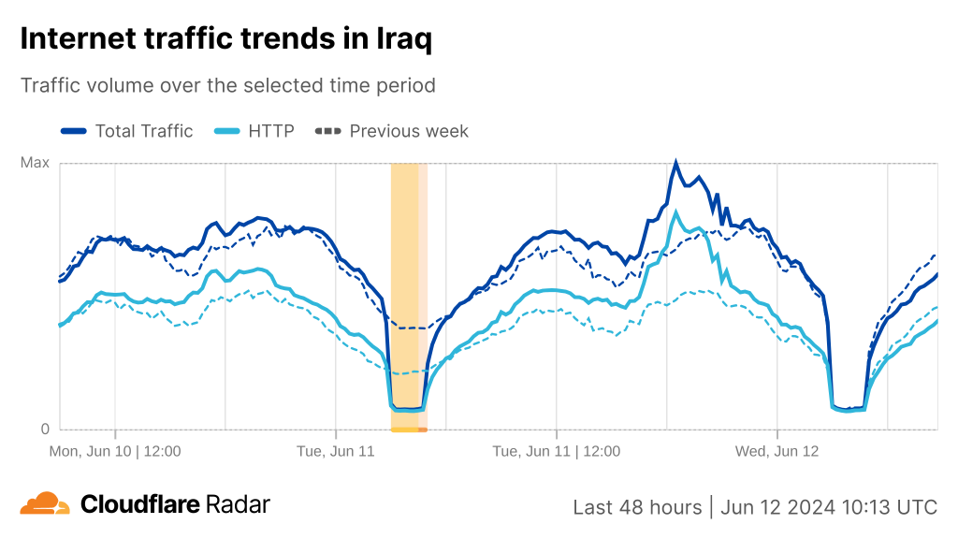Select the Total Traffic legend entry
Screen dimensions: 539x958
tap(143, 131)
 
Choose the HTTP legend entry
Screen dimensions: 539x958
tap(270, 131)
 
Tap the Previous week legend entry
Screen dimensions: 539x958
tap(409, 131)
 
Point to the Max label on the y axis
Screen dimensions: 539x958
tap(35, 163)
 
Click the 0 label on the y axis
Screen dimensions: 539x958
tap(44, 430)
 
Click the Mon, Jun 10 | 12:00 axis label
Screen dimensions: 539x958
tap(115, 451)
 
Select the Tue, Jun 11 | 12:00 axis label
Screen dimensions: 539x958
tap(556, 451)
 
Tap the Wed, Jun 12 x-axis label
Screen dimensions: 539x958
tap(777, 451)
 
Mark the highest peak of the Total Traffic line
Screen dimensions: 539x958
tap(675, 163)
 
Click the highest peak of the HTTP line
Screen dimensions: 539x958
tap(675, 212)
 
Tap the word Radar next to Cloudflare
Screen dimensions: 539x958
tap(239, 504)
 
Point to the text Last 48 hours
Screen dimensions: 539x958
tap(637, 507)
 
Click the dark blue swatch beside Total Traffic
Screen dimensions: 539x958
tap(73, 131)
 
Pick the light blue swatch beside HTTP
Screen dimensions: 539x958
tap(227, 131)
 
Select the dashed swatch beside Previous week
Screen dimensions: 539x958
tap(327, 131)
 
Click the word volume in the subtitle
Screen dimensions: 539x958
tap(124, 85)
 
